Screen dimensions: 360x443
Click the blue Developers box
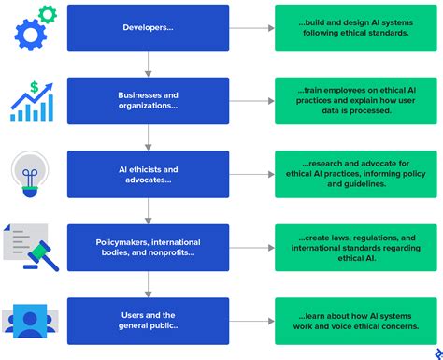pyautogui.click(x=148, y=28)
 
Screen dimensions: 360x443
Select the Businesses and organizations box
pyautogui.click(x=148, y=101)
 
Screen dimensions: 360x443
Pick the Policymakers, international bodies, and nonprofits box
pyautogui.click(x=148, y=248)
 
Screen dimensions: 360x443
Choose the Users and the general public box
pyautogui.click(x=148, y=321)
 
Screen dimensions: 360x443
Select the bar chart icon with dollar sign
pyautogui.click(x=34, y=101)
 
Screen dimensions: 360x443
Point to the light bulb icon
pyautogui.click(x=30, y=175)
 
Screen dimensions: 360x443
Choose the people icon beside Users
pyautogui.click(x=30, y=321)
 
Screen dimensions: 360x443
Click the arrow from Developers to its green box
pyautogui.click(x=250, y=28)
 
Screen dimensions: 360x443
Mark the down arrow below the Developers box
pyautogui.click(x=148, y=65)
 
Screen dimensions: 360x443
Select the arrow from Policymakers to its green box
pyautogui.click(x=250, y=248)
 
